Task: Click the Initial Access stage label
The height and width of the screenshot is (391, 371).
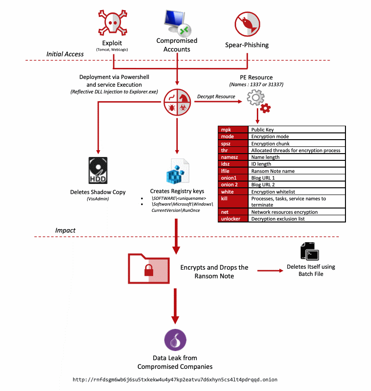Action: click(x=65, y=54)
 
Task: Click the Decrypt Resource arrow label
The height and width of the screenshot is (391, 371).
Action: click(x=216, y=96)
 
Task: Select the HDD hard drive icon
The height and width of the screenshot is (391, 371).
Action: click(x=98, y=170)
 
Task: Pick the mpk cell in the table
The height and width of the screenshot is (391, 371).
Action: click(x=233, y=130)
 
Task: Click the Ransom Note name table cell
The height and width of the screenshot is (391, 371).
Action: click(x=297, y=171)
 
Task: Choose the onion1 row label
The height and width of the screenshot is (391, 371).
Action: click(x=233, y=178)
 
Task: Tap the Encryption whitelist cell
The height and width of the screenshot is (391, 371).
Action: click(x=297, y=191)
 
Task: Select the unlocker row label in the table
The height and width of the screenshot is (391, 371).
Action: click(x=233, y=219)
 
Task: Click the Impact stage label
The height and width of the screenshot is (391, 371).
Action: click(x=65, y=230)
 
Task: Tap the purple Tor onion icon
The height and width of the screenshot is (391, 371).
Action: click(x=176, y=340)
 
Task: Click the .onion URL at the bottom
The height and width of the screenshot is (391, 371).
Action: click(x=175, y=379)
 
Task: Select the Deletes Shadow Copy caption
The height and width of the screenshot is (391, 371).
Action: click(x=98, y=192)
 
